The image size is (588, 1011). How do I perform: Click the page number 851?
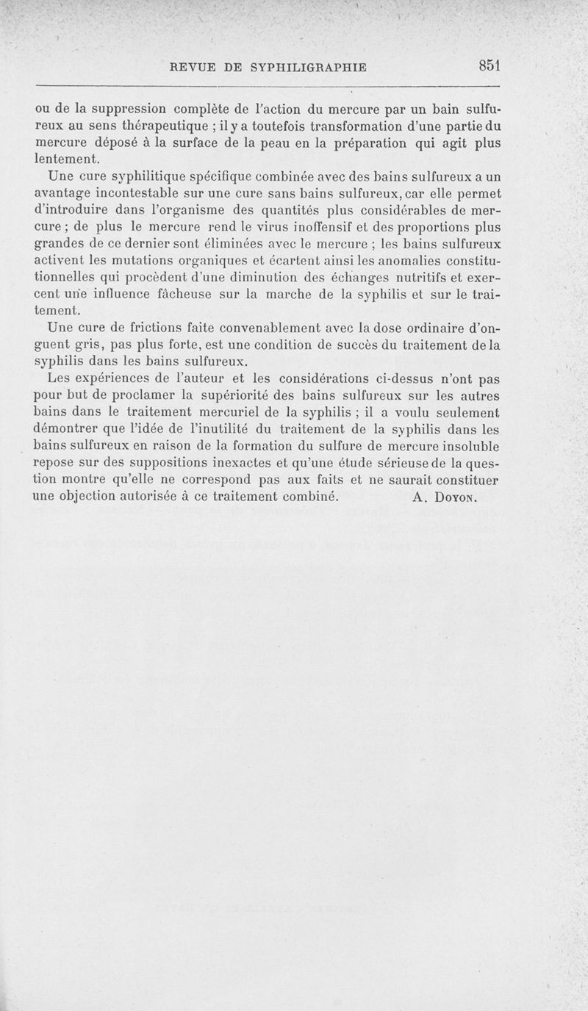coord(489,65)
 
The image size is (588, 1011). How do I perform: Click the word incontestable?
coord(148,194)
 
